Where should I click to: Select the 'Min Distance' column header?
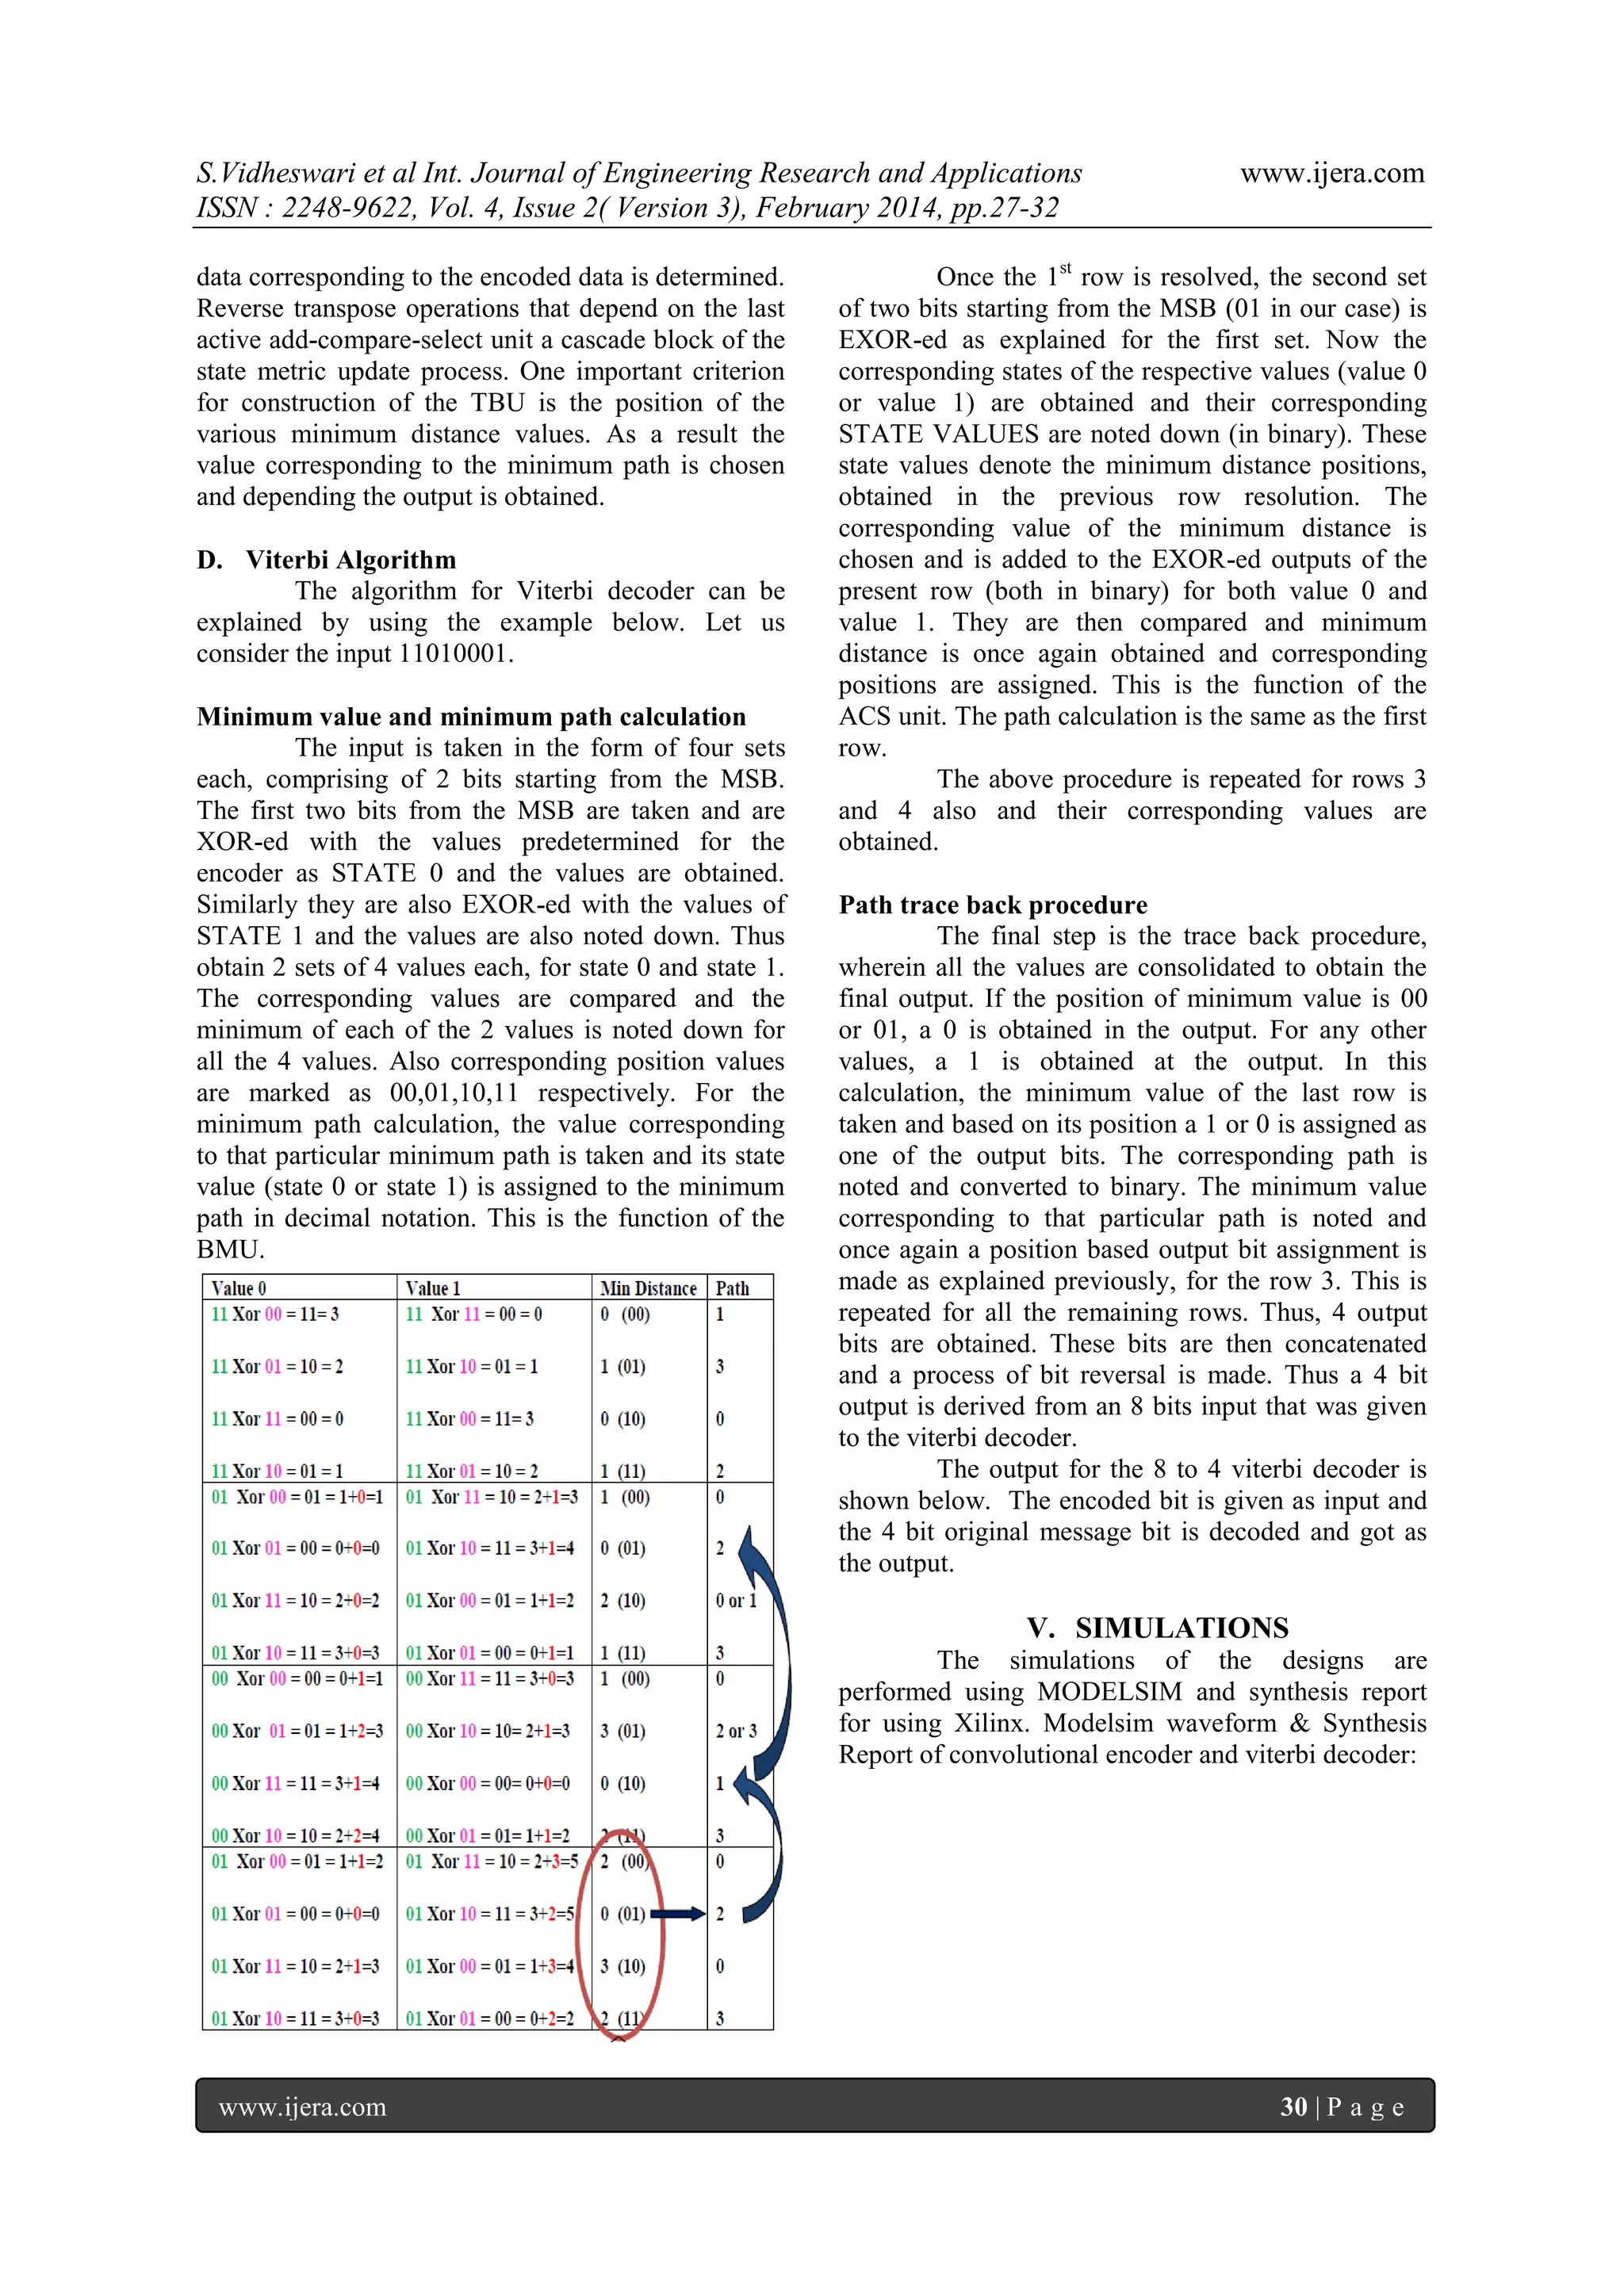[648, 1288]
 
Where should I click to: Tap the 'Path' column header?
[732, 1288]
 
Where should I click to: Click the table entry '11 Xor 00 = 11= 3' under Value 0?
[275, 1314]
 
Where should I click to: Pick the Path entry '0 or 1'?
[736, 1600]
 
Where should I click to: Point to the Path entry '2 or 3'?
[736, 1731]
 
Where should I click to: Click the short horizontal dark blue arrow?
[678, 1914]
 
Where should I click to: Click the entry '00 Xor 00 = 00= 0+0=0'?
[488, 1783]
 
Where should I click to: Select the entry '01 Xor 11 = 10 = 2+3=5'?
[490, 1862]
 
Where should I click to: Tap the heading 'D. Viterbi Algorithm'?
[326, 560]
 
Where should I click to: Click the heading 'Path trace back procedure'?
[993, 905]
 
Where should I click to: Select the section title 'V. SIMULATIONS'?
[1157, 1628]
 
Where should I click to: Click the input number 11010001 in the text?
[453, 654]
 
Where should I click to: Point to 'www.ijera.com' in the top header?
[1332, 173]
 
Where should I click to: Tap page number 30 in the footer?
[1293, 2107]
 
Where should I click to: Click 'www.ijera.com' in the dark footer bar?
[302, 2107]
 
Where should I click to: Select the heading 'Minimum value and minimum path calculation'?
[471, 717]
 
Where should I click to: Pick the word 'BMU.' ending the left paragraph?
[230, 1250]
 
